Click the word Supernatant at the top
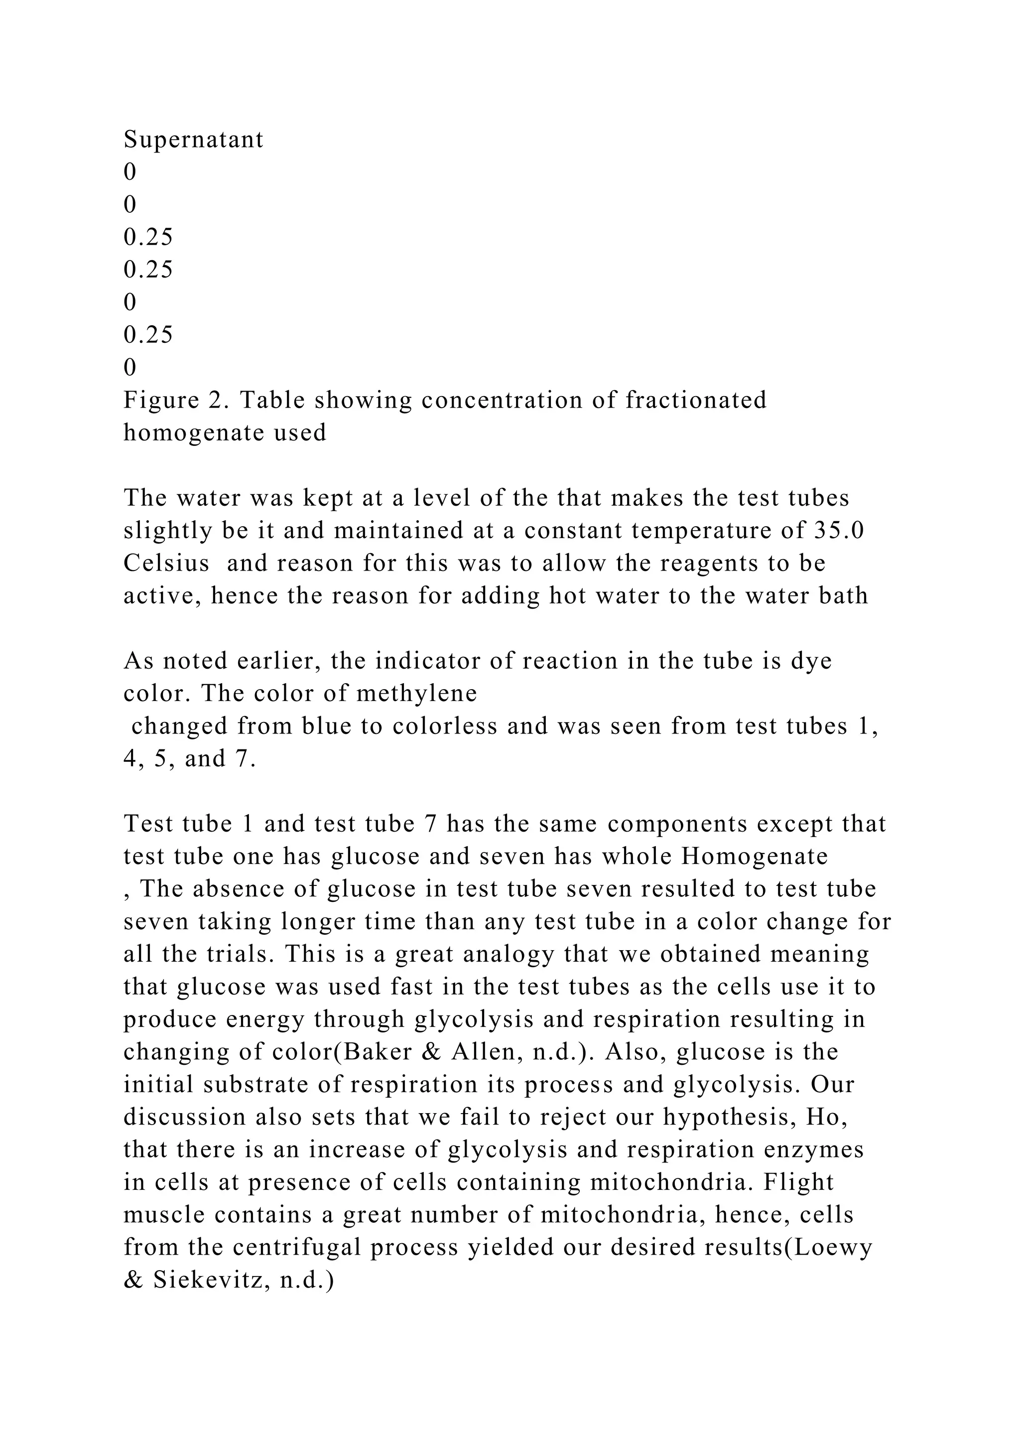(x=193, y=140)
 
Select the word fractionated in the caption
(x=696, y=400)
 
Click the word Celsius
(x=166, y=564)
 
